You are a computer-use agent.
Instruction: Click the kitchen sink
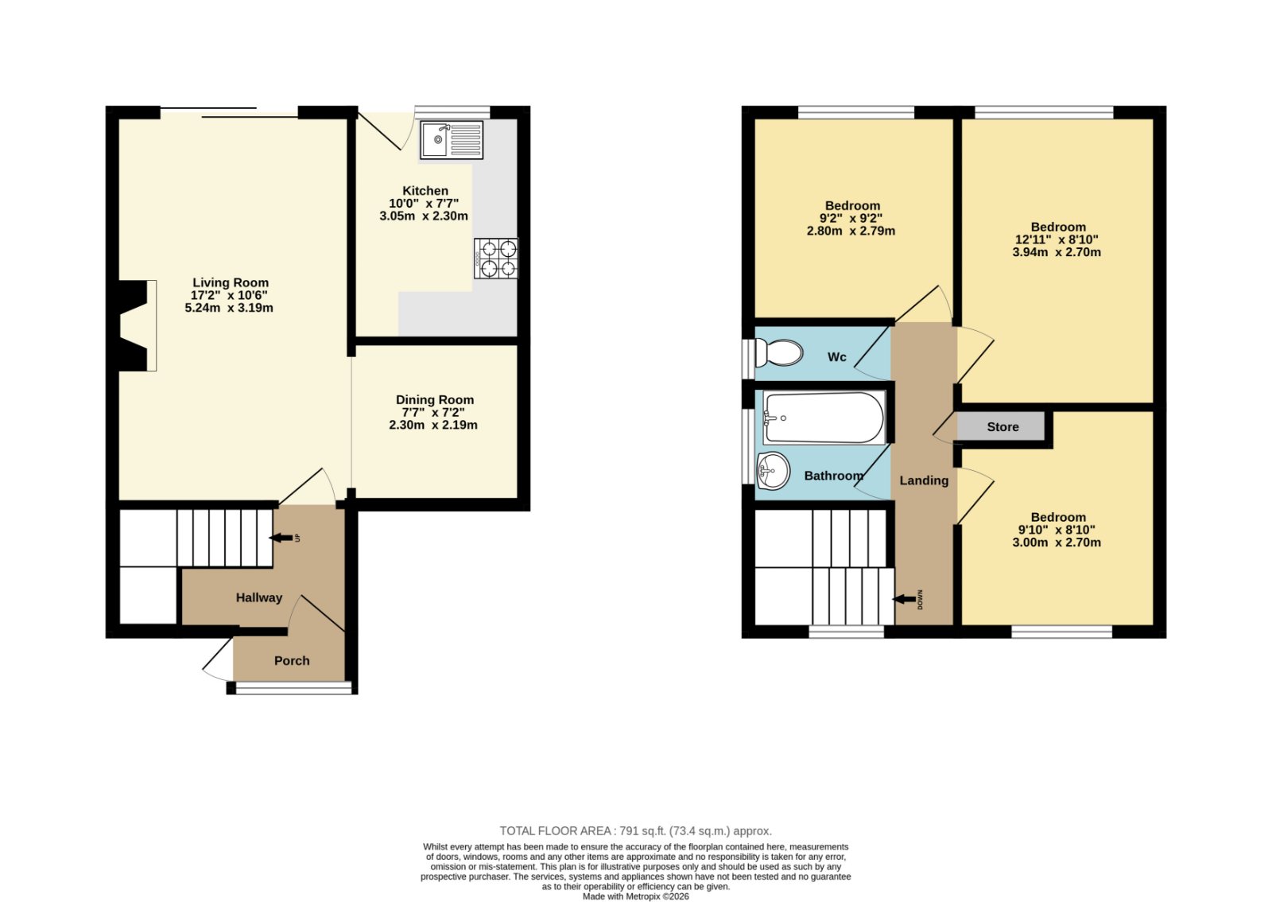[452, 140]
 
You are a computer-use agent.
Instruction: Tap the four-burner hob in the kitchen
[496, 259]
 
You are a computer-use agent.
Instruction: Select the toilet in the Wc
[778, 353]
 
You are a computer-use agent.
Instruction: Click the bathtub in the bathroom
[824, 418]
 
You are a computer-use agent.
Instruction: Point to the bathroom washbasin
[773, 471]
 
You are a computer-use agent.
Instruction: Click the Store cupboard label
[1002, 427]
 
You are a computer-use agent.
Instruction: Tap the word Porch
[292, 661]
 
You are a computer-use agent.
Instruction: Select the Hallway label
[259, 597]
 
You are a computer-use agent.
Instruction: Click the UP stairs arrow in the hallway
[281, 538]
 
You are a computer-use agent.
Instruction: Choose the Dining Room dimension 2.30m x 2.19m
[433, 425]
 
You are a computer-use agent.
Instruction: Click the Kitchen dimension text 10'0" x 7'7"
[424, 204]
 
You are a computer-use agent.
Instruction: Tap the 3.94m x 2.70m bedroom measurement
[1057, 252]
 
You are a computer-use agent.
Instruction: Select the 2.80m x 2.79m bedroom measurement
[851, 231]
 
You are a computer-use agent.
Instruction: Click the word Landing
[924, 480]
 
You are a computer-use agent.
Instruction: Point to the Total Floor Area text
[635, 831]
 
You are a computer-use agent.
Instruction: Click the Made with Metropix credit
[635, 896]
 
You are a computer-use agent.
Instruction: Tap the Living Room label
[231, 282]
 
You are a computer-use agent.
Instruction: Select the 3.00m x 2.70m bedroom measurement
[1057, 542]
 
